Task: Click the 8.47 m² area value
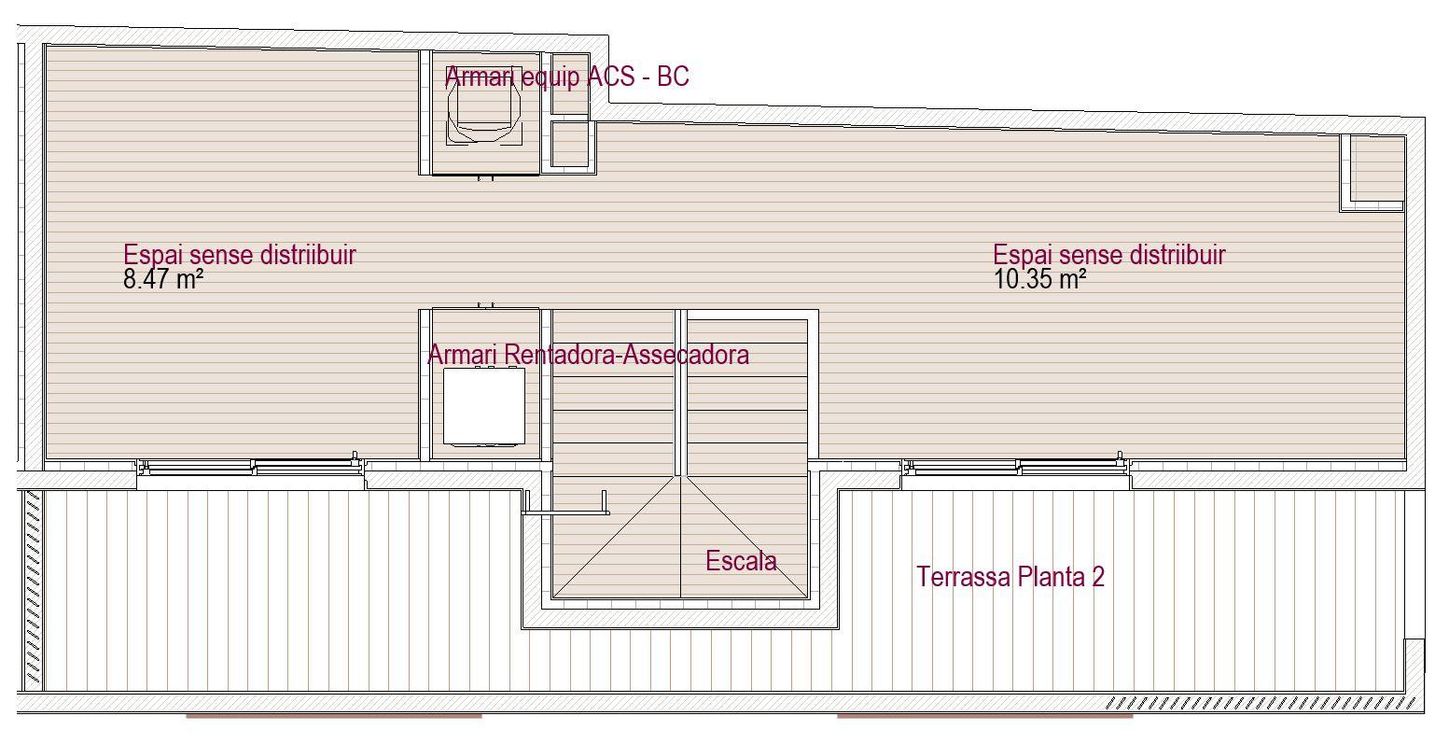pyautogui.click(x=163, y=279)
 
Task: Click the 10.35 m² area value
pyautogui.click(x=1039, y=279)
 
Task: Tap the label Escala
pyautogui.click(x=741, y=561)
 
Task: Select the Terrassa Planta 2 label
pyautogui.click(x=1010, y=577)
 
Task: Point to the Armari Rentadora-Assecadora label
pyautogui.click(x=588, y=355)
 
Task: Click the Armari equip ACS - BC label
pyautogui.click(x=566, y=77)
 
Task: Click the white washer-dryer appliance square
pyautogui.click(x=484, y=406)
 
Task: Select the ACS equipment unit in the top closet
pyautogui.click(x=484, y=114)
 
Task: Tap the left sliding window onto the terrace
pyautogui.click(x=251, y=467)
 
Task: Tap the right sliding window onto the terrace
pyautogui.click(x=1015, y=467)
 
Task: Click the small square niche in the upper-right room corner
pyautogui.click(x=1372, y=173)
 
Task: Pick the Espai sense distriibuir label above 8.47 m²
pyautogui.click(x=240, y=255)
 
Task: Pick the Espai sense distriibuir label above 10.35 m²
pyautogui.click(x=1108, y=255)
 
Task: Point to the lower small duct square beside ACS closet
pyautogui.click(x=569, y=145)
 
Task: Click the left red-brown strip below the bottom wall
pyautogui.click(x=334, y=716)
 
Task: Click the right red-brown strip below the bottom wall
pyautogui.click(x=984, y=716)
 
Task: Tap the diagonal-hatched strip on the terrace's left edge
pyautogui.click(x=33, y=589)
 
